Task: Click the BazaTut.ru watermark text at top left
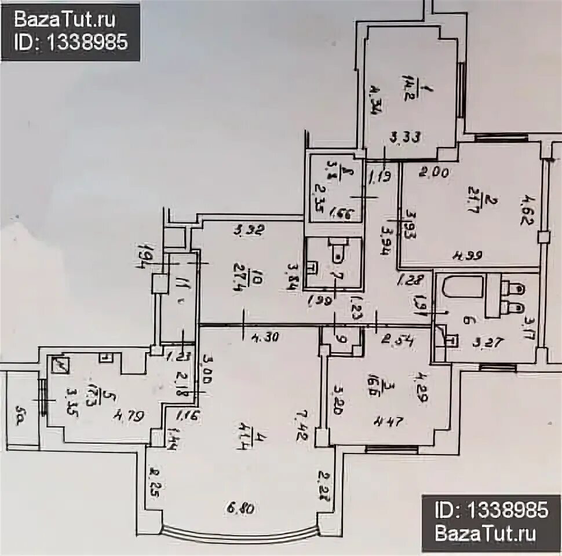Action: coord(65,20)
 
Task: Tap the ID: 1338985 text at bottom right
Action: coord(491,510)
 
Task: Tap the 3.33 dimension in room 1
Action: coord(404,138)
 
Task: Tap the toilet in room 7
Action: coord(337,253)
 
